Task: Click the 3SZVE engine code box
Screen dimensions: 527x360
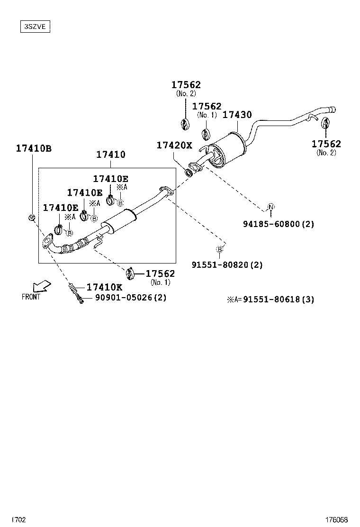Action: (x=35, y=27)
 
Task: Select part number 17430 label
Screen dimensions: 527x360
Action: (x=237, y=115)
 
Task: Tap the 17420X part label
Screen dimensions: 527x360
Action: (x=174, y=145)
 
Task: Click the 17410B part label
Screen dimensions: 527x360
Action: (x=34, y=148)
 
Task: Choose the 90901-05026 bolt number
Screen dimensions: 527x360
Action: (x=131, y=298)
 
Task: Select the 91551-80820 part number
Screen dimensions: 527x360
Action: (x=227, y=265)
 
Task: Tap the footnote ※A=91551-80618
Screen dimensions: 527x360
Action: (x=270, y=300)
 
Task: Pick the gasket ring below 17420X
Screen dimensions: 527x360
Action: (x=189, y=172)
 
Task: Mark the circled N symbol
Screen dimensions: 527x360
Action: (x=270, y=207)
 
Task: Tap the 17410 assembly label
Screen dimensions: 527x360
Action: (x=110, y=154)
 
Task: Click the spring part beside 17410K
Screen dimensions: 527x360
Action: (x=72, y=287)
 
